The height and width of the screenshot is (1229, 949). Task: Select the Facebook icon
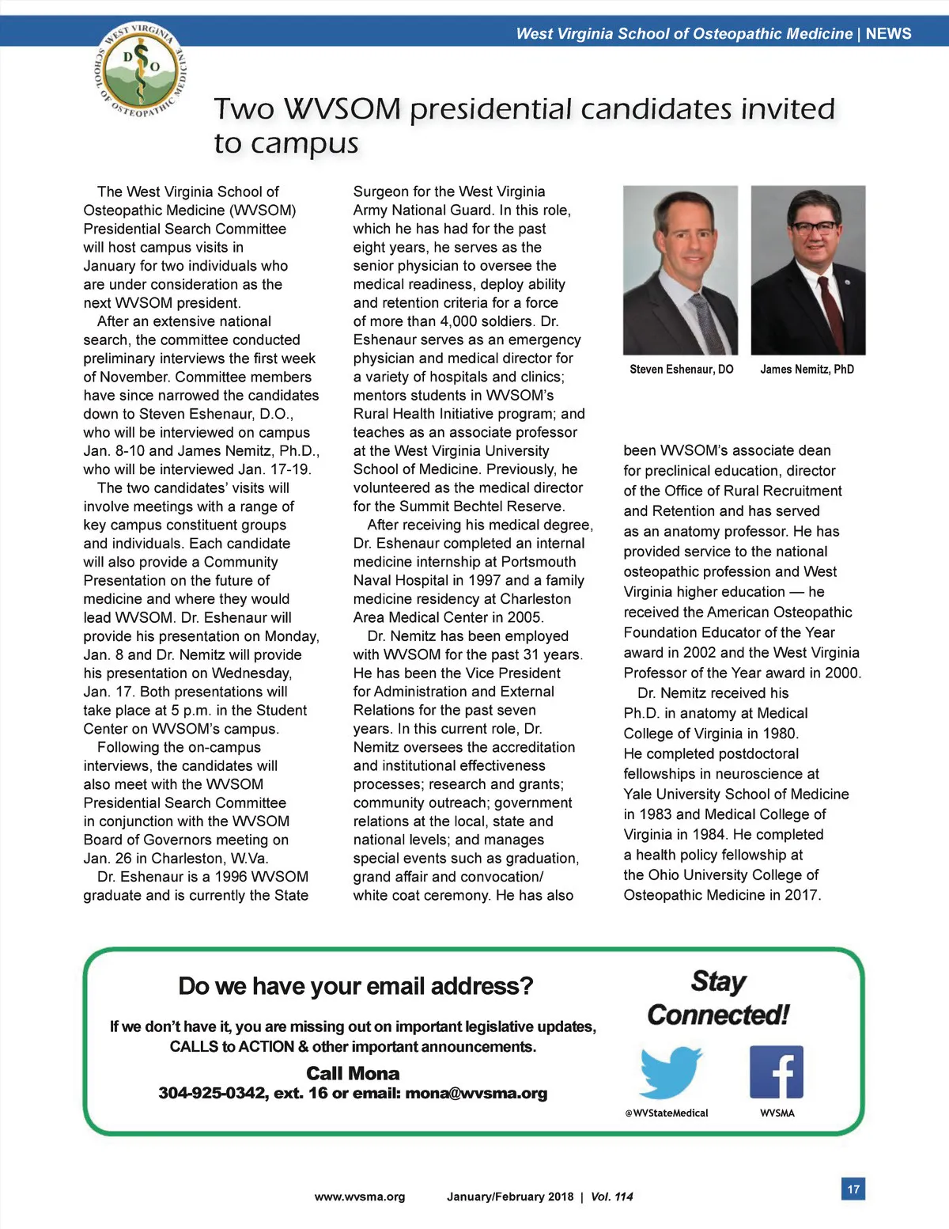776,1072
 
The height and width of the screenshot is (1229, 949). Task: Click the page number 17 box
853,1189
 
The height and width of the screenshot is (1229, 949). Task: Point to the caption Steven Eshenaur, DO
681,370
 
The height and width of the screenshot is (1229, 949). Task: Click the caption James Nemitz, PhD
807,370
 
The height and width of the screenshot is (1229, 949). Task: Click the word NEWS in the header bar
888,34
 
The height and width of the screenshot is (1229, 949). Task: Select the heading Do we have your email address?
355,986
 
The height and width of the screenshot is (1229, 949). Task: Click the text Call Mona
353,1073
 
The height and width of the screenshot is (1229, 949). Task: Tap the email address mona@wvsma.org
476,1094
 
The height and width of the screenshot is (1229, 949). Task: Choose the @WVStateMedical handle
666,1113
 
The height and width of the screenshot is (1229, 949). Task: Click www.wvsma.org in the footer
360,1197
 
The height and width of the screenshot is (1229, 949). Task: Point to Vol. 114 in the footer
612,1197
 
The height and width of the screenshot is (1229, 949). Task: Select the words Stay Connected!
718,998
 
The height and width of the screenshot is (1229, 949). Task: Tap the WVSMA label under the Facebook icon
777,1113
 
